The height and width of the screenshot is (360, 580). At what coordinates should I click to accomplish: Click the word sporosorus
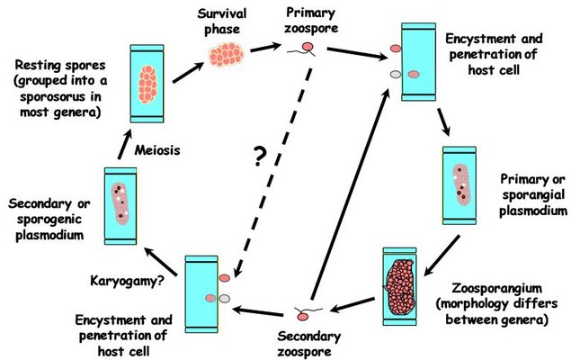pyautogui.click(x=53, y=99)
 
